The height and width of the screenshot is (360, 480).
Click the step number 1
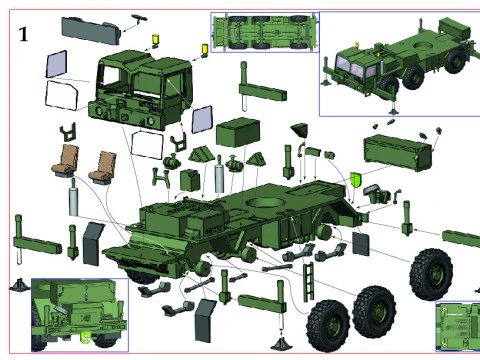(x=23, y=34)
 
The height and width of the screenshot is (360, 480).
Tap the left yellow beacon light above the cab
(x=156, y=40)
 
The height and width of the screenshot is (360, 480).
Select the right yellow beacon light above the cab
(x=205, y=49)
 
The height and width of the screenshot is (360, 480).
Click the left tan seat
(x=66, y=160)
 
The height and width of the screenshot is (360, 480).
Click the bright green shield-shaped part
(x=356, y=180)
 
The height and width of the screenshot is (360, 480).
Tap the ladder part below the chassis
(x=308, y=281)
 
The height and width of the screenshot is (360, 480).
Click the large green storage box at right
(x=398, y=153)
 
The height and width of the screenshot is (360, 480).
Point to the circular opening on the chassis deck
(x=265, y=202)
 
